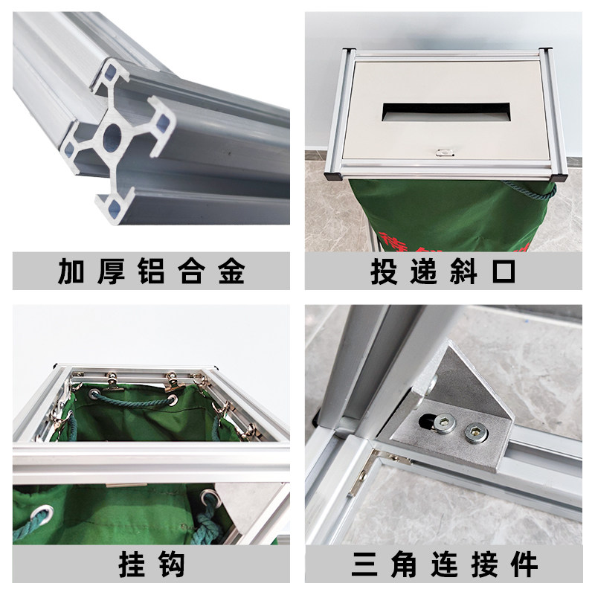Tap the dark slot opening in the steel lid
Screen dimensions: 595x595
[445, 112]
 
